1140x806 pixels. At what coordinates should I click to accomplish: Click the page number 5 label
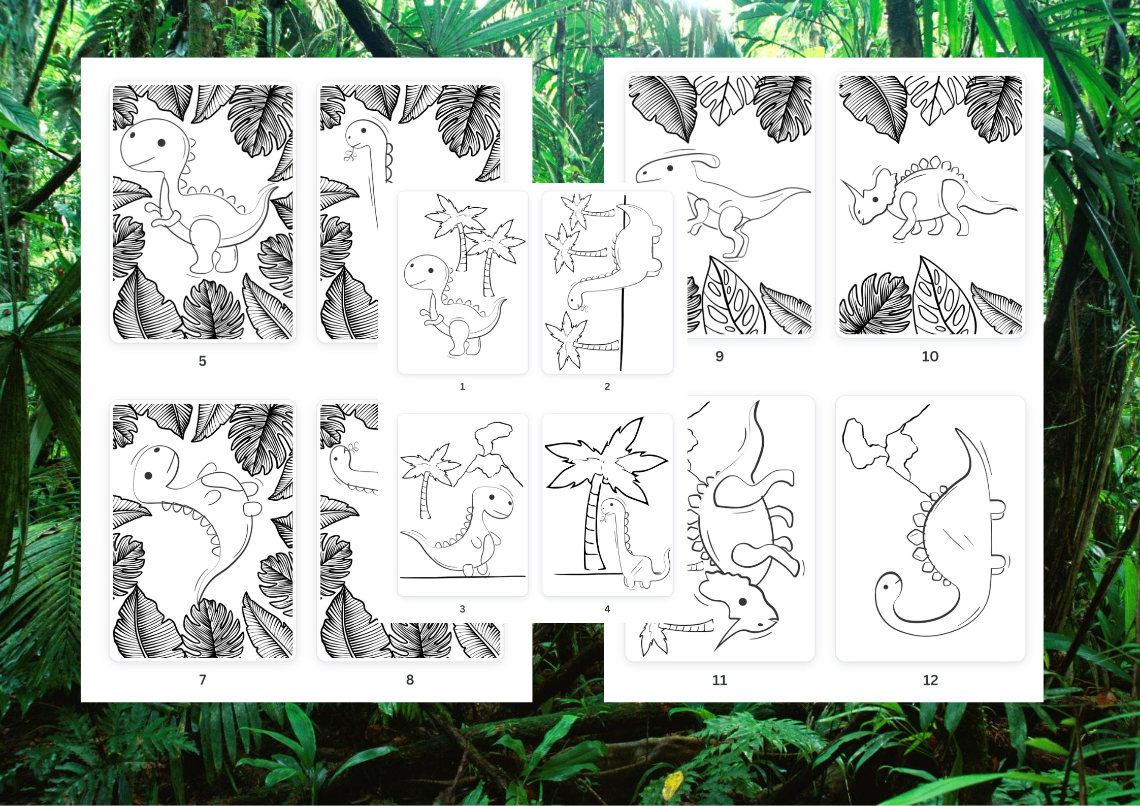point(202,361)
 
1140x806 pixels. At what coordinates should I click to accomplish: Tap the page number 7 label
point(203,680)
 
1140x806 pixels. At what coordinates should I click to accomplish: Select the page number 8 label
point(410,680)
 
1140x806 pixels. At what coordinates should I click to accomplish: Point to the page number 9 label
point(720,357)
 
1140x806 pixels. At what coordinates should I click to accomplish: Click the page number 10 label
point(930,357)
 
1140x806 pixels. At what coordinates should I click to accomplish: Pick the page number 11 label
point(720,680)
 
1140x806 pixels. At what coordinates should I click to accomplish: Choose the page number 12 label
point(930,680)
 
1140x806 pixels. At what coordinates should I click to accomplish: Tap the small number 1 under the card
point(462,386)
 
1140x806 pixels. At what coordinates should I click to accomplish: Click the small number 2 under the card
point(607,386)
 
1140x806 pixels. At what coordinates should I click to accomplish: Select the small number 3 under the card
point(462,609)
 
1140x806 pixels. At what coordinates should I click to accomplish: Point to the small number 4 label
point(607,609)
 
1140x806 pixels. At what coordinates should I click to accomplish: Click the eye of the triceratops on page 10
point(875,200)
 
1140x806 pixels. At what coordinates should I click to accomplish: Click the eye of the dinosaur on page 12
point(886,587)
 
